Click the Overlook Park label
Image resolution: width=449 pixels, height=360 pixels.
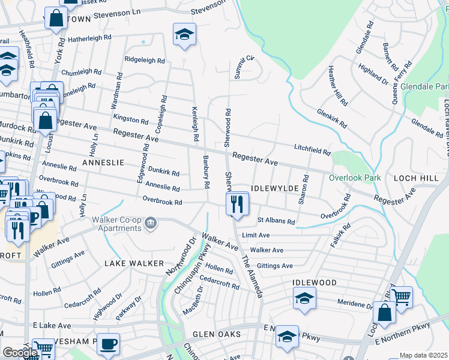[355, 178]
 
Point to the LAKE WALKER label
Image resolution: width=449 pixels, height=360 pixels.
[134, 263]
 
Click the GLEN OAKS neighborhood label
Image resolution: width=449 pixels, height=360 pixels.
[217, 334]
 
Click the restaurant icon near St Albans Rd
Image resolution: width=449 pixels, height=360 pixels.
[237, 204]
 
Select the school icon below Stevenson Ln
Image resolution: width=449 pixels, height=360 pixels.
[185, 34]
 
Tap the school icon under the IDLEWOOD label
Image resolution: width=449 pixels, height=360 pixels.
[304, 298]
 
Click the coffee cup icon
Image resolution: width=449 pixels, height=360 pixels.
[108, 344]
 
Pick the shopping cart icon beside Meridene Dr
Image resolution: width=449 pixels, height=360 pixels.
[401, 296]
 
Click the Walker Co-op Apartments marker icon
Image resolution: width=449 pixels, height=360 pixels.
[151, 224]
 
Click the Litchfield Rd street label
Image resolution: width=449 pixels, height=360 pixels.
[312, 150]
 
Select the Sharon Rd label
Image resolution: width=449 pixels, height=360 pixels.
[305, 190]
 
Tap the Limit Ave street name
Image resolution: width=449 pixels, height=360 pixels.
[256, 236]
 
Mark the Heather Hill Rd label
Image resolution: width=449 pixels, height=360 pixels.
[337, 92]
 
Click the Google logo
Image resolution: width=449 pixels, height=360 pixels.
[20, 353]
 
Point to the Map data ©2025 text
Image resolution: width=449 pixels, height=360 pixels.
[423, 355]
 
